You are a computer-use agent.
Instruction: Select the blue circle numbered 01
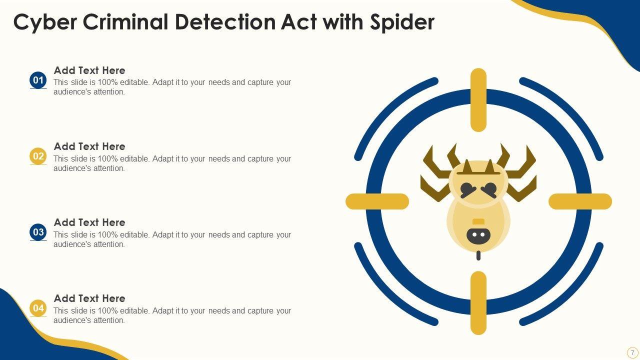[38, 80]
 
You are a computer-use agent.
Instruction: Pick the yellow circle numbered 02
[38, 156]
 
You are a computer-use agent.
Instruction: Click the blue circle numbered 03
[38, 232]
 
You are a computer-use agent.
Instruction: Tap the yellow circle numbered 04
[38, 308]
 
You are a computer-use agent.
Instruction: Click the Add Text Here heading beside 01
[89, 70]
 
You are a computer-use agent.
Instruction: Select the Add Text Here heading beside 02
[89, 146]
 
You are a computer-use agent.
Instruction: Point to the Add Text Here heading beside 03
[89, 222]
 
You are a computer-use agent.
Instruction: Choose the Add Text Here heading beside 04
[89, 298]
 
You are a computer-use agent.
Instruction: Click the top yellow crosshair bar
[478, 100]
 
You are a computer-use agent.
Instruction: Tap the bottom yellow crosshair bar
[478, 303]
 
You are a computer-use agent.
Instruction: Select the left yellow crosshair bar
[377, 201]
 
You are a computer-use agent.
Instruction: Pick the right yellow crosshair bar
[580, 201]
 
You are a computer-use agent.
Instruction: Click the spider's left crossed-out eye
[468, 190]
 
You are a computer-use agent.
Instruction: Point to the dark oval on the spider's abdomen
[478, 235]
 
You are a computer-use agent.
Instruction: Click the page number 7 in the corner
[632, 352]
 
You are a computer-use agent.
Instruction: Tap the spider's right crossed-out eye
[489, 190]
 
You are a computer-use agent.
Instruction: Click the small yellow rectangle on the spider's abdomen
[478, 221]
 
